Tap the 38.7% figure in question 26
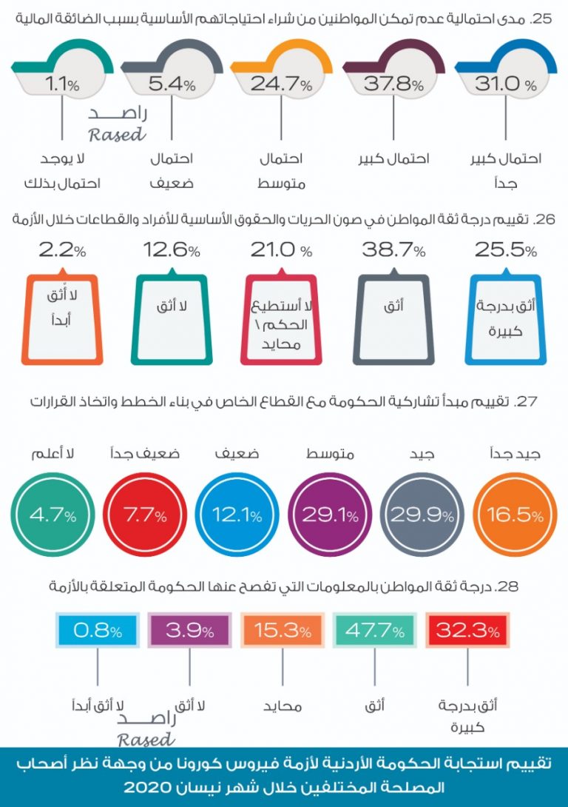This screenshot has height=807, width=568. coord(393,252)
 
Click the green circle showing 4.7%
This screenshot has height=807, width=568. coord(53,515)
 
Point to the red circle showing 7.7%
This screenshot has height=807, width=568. coord(145,515)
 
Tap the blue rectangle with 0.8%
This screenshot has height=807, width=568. coord(98,631)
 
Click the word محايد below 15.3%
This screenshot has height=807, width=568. coord(283,706)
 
